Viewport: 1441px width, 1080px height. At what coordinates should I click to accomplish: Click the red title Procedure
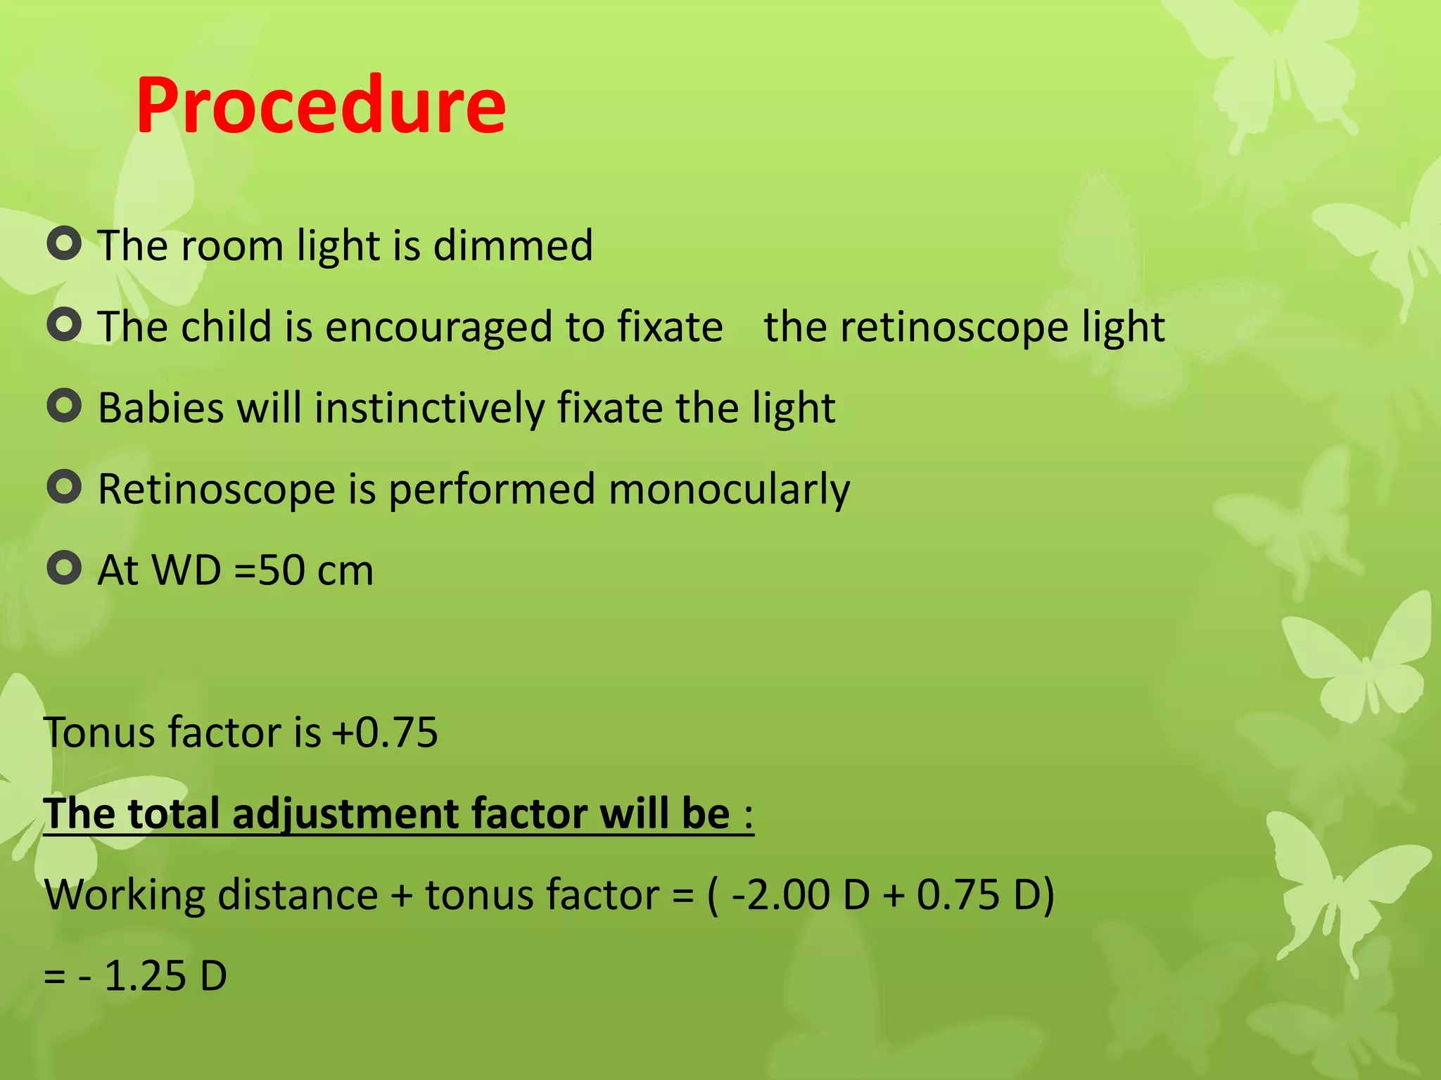321,105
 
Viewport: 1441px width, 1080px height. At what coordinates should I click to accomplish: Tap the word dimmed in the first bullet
513,245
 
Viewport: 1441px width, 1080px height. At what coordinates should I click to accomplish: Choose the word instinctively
429,408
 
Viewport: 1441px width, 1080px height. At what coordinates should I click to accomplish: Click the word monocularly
729,489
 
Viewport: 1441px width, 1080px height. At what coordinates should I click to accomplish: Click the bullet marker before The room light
65,244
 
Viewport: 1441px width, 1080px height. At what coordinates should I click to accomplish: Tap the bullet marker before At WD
65,568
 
